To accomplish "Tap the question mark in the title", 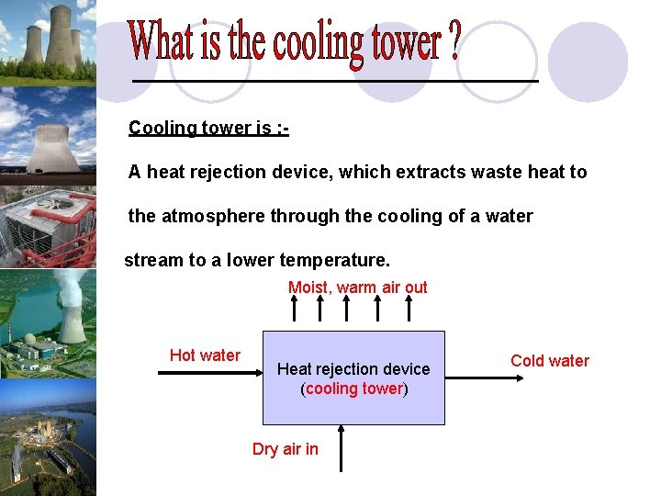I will pyautogui.click(x=452, y=41).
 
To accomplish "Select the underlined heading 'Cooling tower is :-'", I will pyautogui.click(x=208, y=128).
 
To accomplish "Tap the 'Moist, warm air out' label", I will pyautogui.click(x=357, y=287).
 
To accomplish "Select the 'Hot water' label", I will pyautogui.click(x=205, y=355).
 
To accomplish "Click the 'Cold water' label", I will pyautogui.click(x=549, y=361).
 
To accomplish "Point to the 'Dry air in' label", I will pyautogui.click(x=286, y=449).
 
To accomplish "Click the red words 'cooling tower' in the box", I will pyautogui.click(x=354, y=389).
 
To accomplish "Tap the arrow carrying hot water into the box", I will pyautogui.click(x=210, y=377).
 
